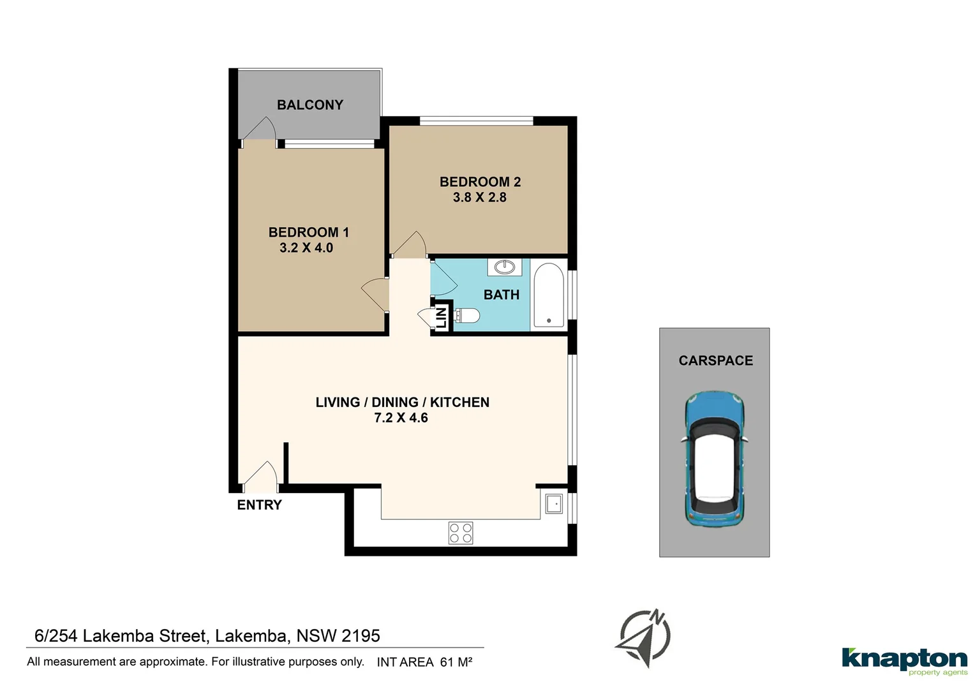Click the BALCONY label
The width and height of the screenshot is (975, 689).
pos(309,105)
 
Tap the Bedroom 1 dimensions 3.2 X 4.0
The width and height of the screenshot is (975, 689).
pos(306,248)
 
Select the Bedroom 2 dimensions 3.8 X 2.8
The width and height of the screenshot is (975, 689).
pos(479,198)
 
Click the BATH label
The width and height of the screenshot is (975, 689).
pos(501,295)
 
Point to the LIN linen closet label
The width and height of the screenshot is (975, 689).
pos(441,316)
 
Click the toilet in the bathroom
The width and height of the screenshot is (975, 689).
pos(468,315)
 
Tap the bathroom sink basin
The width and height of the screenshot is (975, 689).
pos(505,267)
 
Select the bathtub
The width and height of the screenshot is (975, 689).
pos(548,295)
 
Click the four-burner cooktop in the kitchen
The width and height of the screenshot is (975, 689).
pos(461,533)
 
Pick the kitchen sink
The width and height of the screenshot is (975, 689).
pos(553,504)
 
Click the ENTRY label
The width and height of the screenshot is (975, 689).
pos(259,505)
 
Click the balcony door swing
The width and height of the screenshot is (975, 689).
pos(259,129)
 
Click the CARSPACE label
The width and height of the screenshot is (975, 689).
pos(715,361)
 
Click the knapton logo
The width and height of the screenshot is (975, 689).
pos(904,660)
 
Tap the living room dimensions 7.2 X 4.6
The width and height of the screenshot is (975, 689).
pos(401,418)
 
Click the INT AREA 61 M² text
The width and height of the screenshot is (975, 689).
pos(424,662)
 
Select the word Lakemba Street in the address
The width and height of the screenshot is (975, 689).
pos(145,636)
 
